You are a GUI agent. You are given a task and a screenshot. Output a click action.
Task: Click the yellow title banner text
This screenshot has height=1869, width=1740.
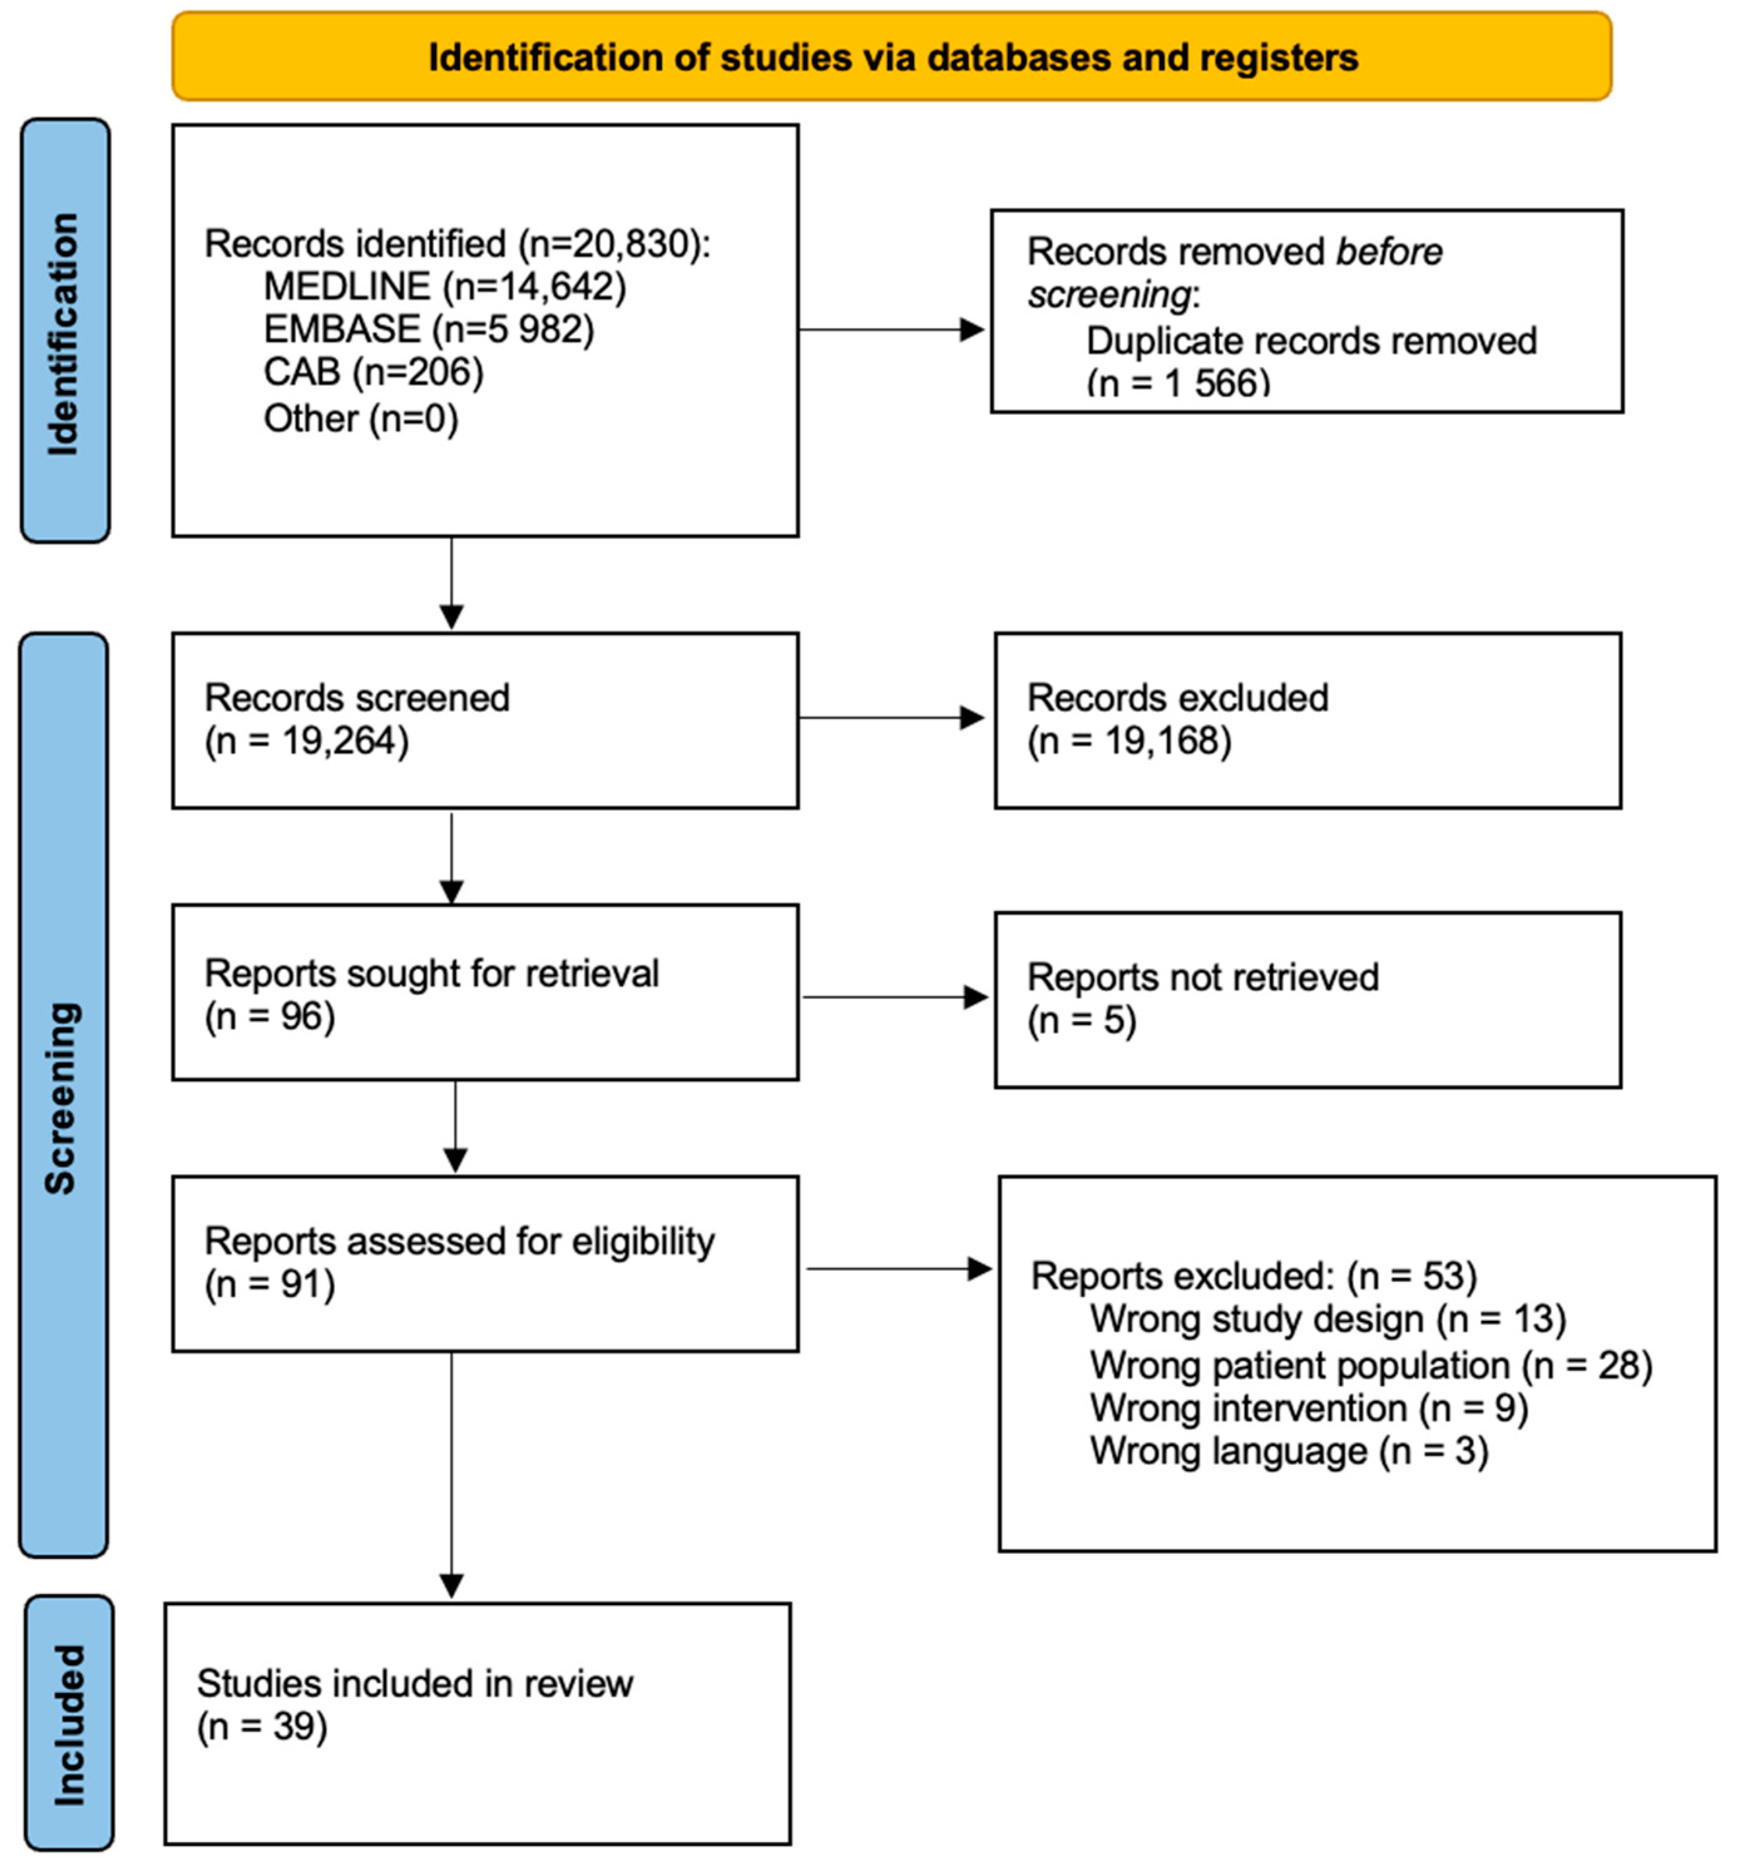pos(892,58)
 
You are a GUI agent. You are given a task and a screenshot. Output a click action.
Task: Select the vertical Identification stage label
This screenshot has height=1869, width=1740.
pos(64,334)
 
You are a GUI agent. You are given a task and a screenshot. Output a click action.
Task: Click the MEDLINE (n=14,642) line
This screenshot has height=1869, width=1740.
pos(444,286)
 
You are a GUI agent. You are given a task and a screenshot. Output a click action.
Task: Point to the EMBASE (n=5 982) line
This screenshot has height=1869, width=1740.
pos(429,329)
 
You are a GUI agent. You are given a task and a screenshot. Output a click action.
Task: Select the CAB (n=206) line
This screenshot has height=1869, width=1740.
pos(373,372)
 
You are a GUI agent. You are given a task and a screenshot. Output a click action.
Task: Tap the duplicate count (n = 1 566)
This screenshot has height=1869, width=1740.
pos(1178,383)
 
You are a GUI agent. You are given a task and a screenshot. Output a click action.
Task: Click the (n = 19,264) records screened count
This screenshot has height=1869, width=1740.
pos(306,741)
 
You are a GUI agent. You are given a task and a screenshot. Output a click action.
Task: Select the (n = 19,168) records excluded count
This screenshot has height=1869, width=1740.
pos(1128,741)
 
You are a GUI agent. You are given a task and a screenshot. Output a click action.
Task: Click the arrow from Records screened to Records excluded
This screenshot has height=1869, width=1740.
pos(889,718)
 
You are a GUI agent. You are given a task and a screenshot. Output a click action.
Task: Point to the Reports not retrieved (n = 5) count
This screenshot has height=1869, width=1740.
pos(1081,1020)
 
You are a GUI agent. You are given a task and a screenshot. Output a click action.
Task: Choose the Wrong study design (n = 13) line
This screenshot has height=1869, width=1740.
pos(1326,1319)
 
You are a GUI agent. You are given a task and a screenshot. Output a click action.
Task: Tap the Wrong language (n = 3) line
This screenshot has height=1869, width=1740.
pos(1288,1450)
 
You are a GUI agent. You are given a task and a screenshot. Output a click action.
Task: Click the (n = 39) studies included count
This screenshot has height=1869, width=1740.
pos(261,1727)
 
